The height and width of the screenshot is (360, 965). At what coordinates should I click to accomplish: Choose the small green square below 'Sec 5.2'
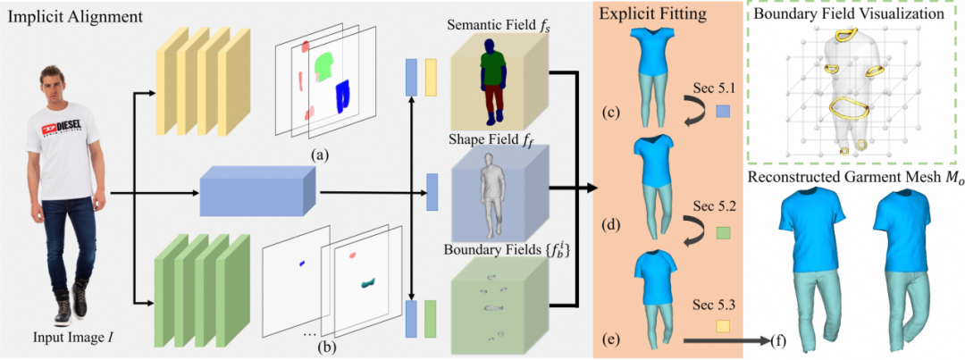pyautogui.click(x=723, y=233)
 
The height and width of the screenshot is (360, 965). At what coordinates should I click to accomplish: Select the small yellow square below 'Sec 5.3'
pyautogui.click(x=723, y=325)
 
